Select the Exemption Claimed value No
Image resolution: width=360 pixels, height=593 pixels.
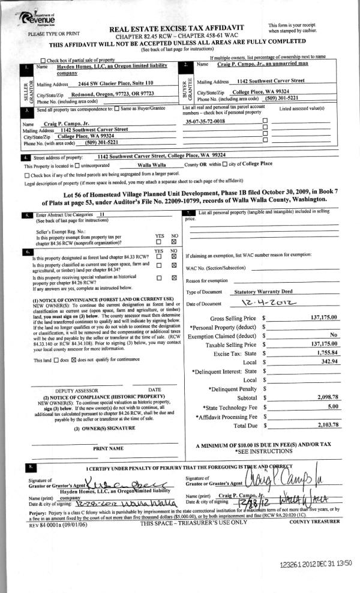point(334,335)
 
